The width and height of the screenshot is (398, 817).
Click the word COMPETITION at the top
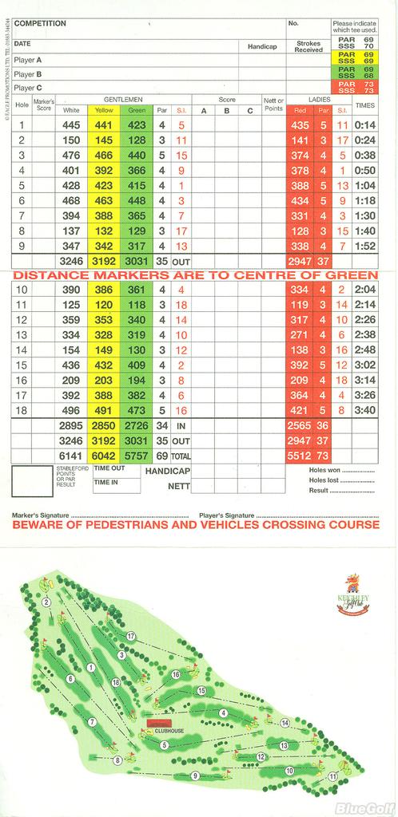tap(41, 24)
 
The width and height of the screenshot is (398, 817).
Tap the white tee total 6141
tap(71, 455)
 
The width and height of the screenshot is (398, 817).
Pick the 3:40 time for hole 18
tap(364, 410)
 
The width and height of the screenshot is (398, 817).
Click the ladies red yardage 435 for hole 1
tap(300, 125)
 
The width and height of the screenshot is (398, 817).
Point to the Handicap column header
tap(262, 47)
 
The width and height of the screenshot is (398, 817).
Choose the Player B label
tap(28, 73)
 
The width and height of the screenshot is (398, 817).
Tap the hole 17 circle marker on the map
tap(130, 636)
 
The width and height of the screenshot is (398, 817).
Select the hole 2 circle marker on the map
tap(46, 602)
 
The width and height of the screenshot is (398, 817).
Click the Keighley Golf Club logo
tap(352, 598)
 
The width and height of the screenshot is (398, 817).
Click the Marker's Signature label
tap(40, 515)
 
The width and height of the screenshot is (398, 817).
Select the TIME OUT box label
tap(109, 469)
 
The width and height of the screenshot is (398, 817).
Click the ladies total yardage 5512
tap(300, 455)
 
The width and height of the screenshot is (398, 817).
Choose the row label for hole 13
tap(22, 334)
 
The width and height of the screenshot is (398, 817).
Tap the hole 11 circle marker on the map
tap(332, 776)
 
